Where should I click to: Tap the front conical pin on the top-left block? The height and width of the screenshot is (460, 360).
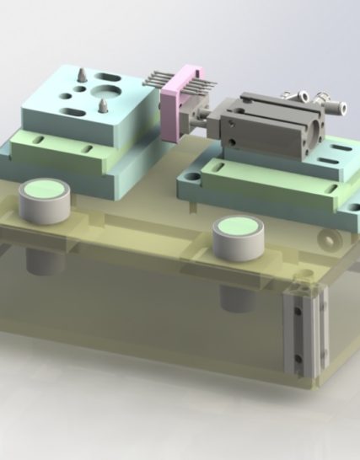pyautogui.click(x=101, y=105)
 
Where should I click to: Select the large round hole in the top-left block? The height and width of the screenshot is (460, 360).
pyautogui.click(x=106, y=87)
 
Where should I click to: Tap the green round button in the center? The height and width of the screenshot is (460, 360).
pyautogui.click(x=239, y=227)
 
